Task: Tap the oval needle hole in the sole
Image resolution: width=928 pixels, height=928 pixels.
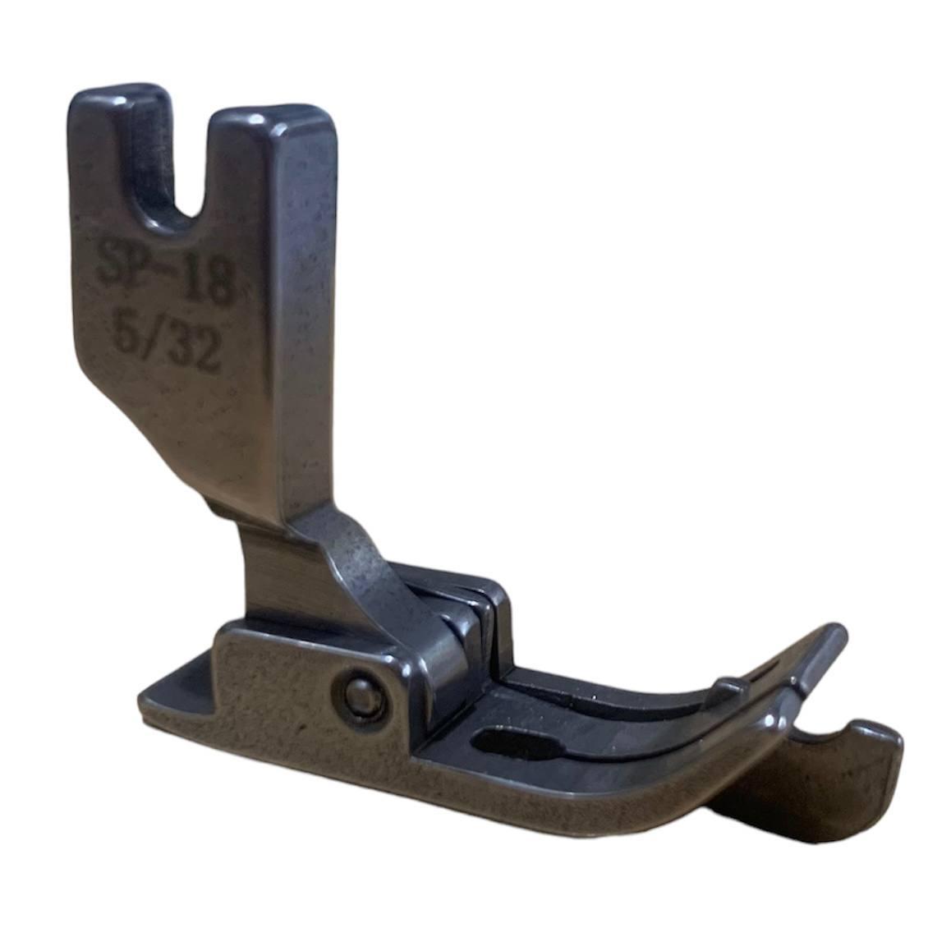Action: point(516,742)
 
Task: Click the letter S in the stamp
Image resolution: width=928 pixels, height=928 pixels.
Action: point(112,260)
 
